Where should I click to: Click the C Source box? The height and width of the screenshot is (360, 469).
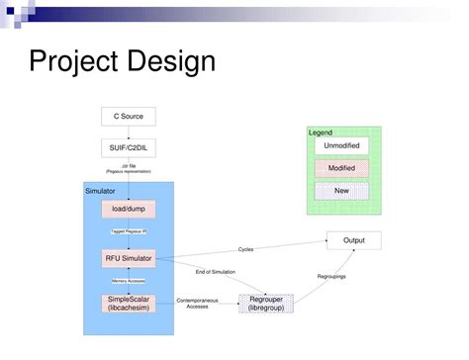click(129, 117)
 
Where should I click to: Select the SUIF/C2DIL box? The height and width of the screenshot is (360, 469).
click(129, 147)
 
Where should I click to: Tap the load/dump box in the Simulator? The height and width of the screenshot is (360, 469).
click(129, 209)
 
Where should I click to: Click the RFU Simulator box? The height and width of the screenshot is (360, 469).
click(129, 258)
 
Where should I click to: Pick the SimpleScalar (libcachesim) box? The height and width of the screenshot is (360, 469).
click(129, 304)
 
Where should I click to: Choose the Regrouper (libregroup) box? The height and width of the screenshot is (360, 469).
click(266, 304)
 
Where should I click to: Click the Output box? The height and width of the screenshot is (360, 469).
click(353, 240)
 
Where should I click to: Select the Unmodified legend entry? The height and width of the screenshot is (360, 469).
click(341, 145)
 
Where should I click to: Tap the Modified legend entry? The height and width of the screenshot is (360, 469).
click(341, 168)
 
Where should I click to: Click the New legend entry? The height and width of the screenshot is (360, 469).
click(341, 191)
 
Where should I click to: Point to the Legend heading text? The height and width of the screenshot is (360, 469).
click(321, 132)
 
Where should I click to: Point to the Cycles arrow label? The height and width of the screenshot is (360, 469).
click(246, 248)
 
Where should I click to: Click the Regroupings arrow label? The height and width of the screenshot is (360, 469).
click(330, 277)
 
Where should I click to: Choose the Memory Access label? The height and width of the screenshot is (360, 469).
click(129, 280)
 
